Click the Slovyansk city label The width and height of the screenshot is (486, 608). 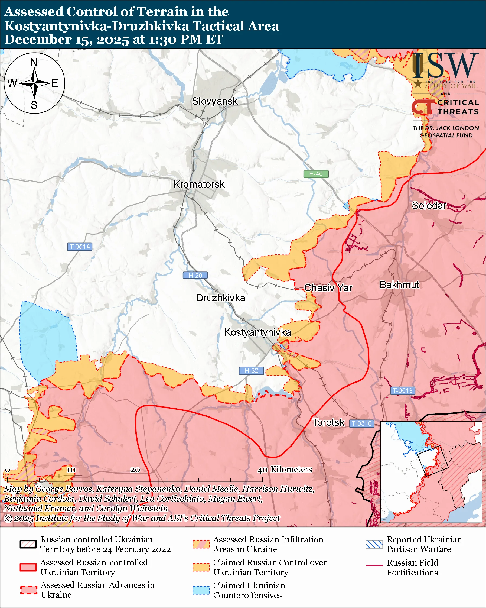pos(215,101)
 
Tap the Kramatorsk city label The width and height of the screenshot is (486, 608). pos(199,185)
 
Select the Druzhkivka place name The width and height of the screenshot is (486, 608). pos(220,298)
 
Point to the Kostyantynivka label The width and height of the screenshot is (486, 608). pos(257,332)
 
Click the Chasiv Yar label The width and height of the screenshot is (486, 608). pos(328,288)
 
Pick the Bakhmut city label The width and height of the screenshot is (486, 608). pos(399,285)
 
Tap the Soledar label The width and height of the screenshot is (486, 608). pos(429,206)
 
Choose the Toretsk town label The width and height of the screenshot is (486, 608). pos(328,423)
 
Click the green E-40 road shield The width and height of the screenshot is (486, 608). pos(316,174)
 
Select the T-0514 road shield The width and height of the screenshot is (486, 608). pos(80,247)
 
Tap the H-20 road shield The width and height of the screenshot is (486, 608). pos(195,276)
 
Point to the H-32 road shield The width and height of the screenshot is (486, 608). pos(251,371)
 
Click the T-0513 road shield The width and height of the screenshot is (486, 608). pos(403,391)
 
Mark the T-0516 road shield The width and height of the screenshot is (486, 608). pos(362,423)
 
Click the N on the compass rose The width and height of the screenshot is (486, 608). pos(34,62)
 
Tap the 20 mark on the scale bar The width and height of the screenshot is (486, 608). pos(135,470)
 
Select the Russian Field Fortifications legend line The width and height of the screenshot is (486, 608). pos(374,565)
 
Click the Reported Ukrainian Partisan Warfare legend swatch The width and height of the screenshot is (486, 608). pos(374,544)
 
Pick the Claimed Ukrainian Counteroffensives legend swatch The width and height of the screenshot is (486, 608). pos(201,590)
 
